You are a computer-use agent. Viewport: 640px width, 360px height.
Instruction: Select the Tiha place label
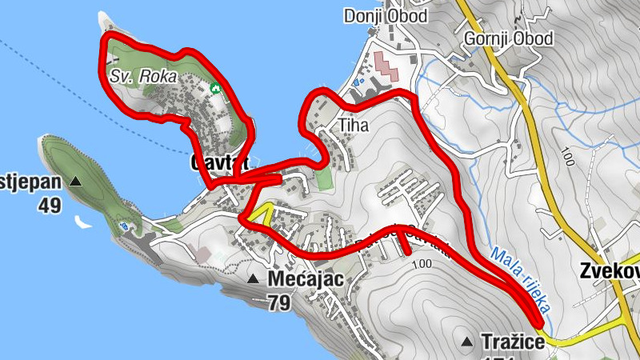point(355,126)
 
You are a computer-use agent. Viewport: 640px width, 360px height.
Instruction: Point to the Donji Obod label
point(386,16)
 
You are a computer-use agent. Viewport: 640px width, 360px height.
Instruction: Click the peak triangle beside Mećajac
point(253,279)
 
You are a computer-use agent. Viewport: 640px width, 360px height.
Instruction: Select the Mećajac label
point(306,280)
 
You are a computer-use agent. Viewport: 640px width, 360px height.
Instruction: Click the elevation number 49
point(49,206)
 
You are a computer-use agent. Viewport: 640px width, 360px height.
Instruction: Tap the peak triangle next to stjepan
point(76,182)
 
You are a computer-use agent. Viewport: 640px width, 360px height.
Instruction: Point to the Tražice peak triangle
point(467,342)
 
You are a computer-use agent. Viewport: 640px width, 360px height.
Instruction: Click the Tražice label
point(513,342)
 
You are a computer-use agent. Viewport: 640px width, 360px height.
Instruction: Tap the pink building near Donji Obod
point(386,65)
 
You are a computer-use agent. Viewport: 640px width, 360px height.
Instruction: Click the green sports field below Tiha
point(323,177)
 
